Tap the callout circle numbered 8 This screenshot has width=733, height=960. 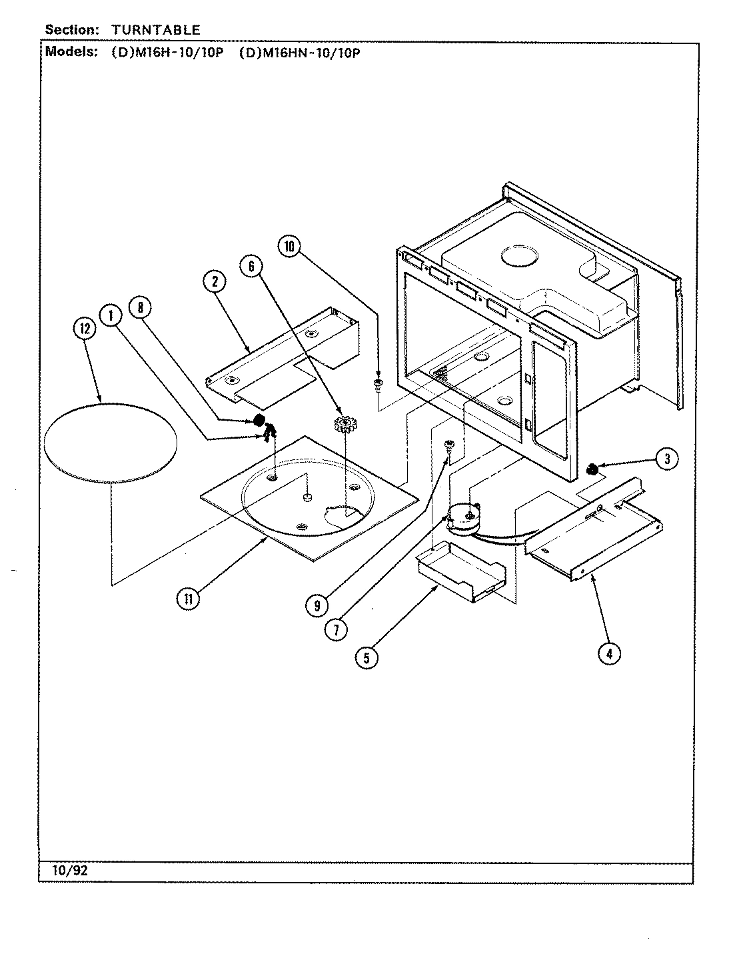point(141,307)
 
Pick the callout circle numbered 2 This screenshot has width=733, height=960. point(215,282)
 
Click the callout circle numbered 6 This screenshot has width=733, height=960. point(251,266)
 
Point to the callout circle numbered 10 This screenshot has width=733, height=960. point(289,247)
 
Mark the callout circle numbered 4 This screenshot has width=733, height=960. point(608,654)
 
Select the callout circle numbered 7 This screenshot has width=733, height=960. point(337,630)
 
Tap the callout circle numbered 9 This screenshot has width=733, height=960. point(317,605)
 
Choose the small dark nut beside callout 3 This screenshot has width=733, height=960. point(590,471)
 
